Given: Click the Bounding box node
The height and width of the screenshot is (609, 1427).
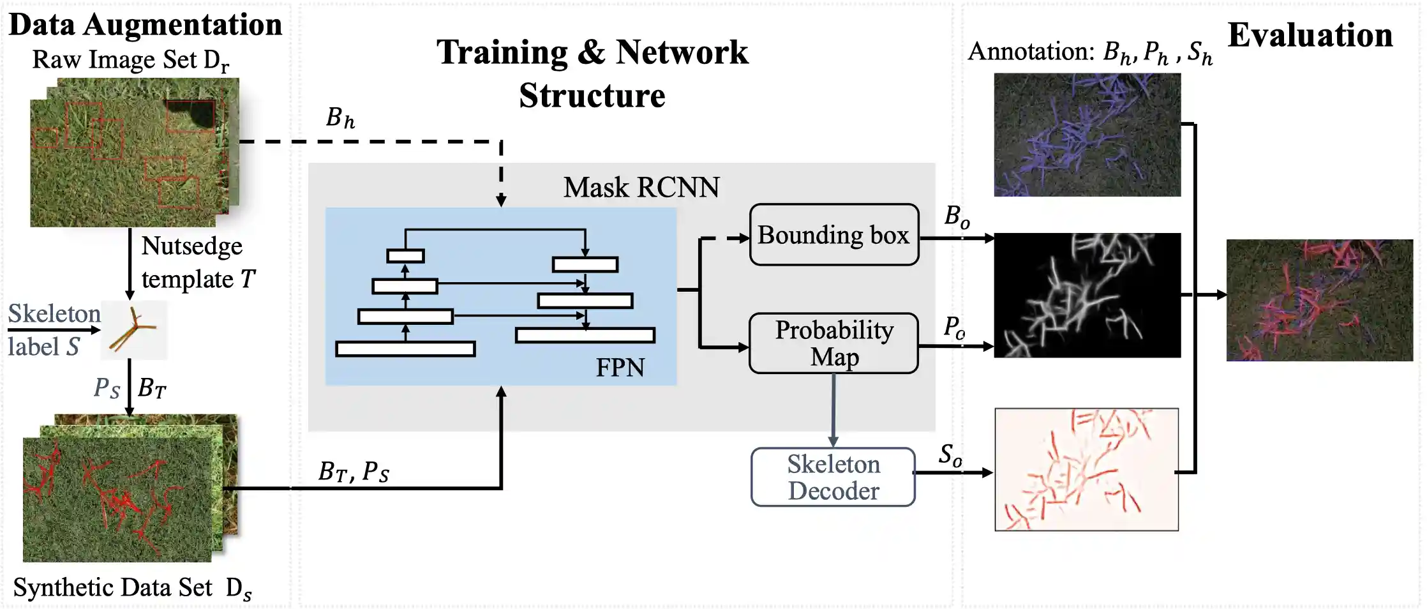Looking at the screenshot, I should (833, 235).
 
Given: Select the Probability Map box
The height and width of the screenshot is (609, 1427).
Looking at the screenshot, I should (833, 343).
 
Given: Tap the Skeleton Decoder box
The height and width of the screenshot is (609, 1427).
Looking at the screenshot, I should (833, 477).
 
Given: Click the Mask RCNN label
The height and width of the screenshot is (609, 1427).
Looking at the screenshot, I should (641, 188).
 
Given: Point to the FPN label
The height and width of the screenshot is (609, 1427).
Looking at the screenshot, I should (620, 368).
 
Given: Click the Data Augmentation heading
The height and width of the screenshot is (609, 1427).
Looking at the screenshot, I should (145, 26).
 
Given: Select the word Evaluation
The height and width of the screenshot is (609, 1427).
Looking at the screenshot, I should (1310, 35).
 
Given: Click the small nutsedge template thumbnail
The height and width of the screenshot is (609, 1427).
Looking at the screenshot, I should (134, 330).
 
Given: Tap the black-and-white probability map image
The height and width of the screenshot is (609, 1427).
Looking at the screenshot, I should (1087, 295).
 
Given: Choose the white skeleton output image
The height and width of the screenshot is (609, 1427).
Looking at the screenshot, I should (1086, 469).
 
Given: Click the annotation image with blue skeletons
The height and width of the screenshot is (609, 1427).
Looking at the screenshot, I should (1087, 135).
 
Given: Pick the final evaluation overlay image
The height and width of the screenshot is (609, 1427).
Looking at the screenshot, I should (1319, 300).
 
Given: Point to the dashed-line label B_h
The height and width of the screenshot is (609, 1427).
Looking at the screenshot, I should (340, 118).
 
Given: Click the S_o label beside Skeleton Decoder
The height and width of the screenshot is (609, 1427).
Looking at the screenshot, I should (950, 455).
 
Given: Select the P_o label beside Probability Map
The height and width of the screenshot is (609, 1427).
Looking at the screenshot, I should (954, 327).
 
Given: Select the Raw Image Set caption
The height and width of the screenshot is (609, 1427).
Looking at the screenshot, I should (130, 60).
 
